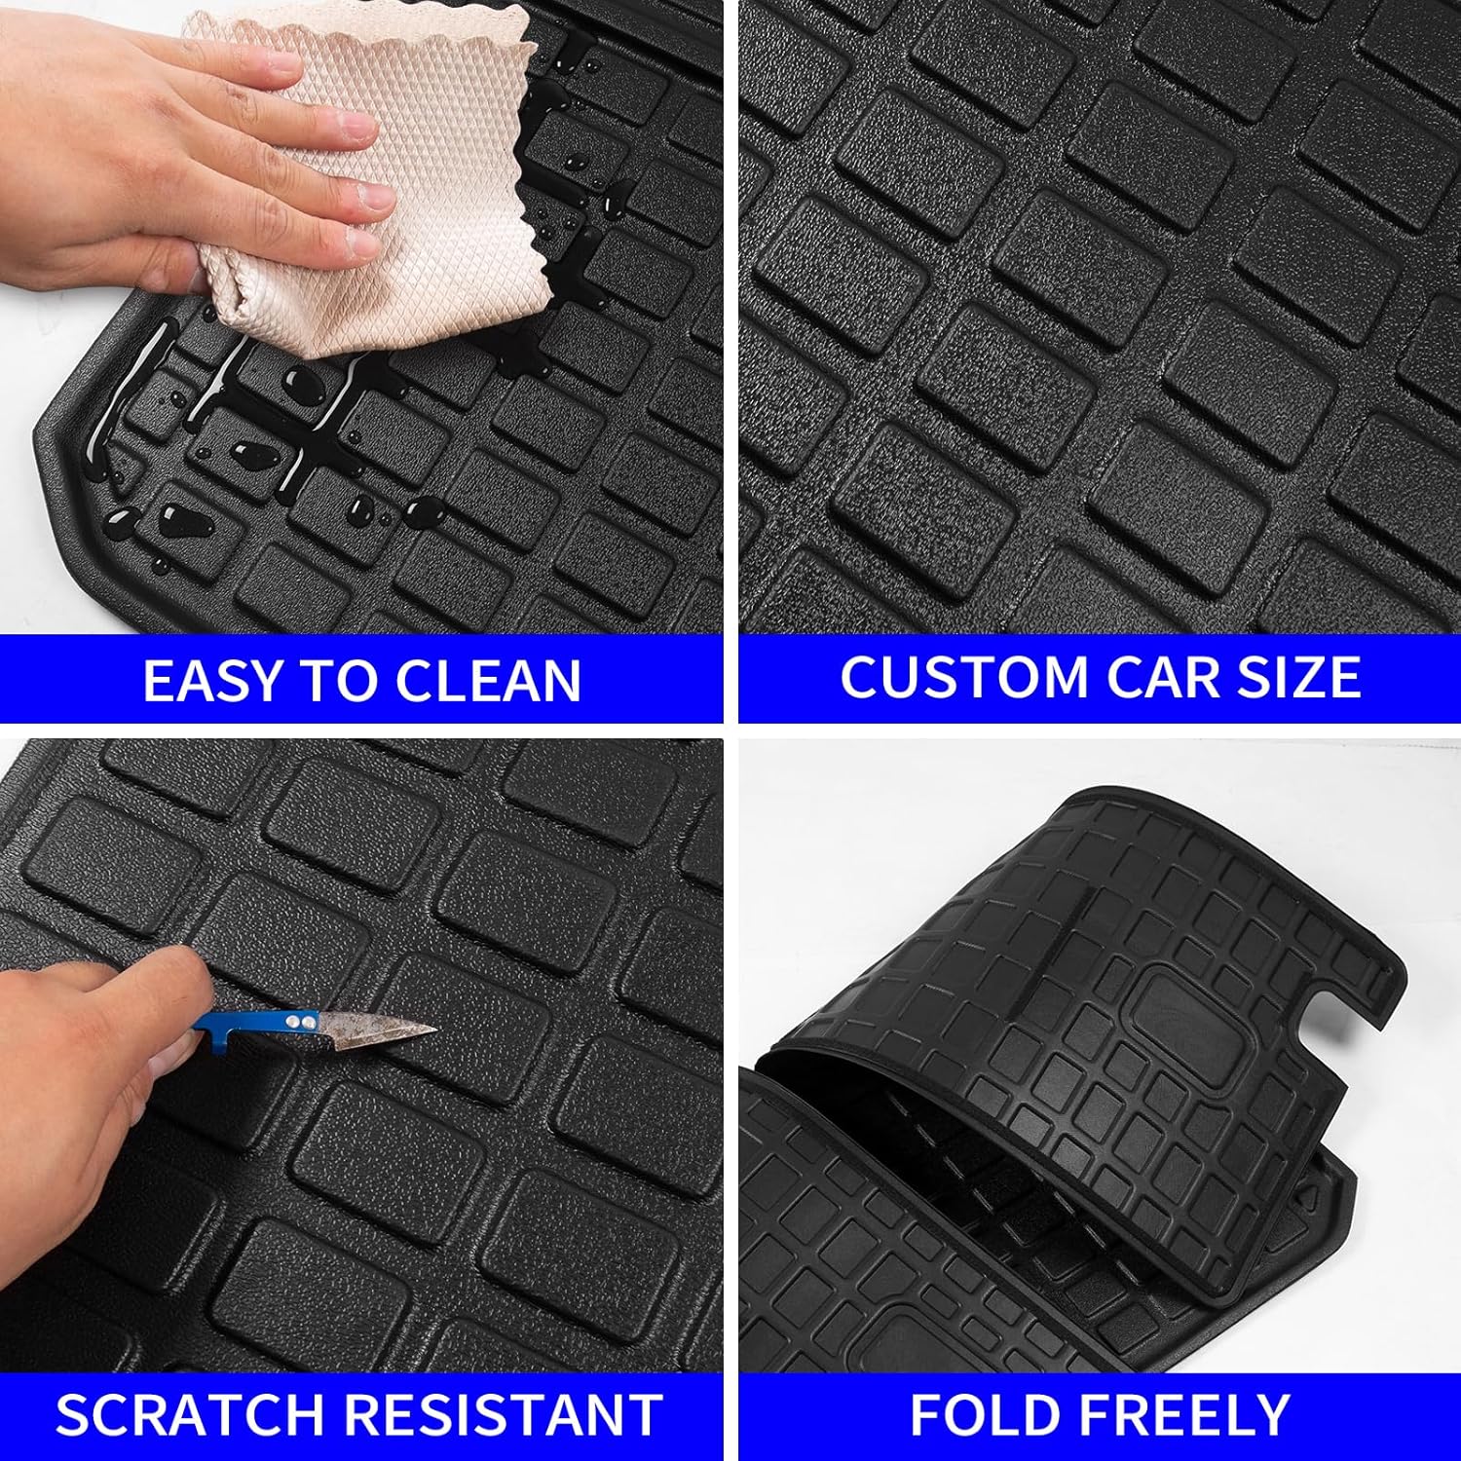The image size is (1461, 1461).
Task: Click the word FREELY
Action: [x=1183, y=1414]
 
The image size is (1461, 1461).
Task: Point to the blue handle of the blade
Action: [x=243, y=1023]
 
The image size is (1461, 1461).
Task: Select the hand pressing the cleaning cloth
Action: [x=146, y=146]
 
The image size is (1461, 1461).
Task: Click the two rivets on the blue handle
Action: [x=299, y=1020]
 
